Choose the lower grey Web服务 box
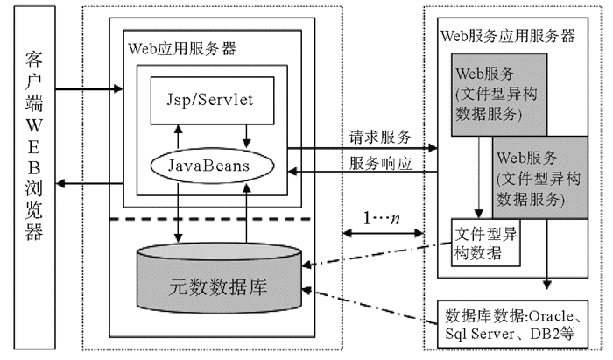538,176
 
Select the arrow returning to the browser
88,180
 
